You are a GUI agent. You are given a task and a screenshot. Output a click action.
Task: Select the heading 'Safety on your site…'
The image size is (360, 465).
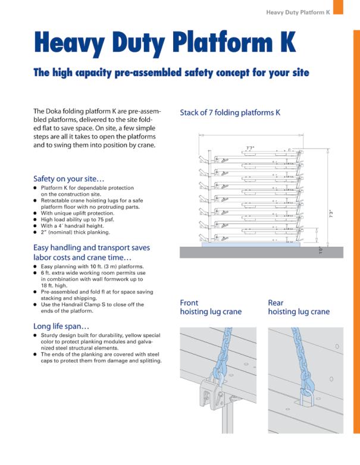point(68,178)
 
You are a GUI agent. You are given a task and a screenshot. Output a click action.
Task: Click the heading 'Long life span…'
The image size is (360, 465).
point(61,326)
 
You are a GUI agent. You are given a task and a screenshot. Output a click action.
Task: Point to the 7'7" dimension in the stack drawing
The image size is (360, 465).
point(251,147)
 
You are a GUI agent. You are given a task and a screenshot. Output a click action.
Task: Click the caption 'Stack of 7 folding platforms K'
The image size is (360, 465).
point(230,112)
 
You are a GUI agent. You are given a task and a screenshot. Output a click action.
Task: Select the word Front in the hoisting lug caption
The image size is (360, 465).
point(189,303)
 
